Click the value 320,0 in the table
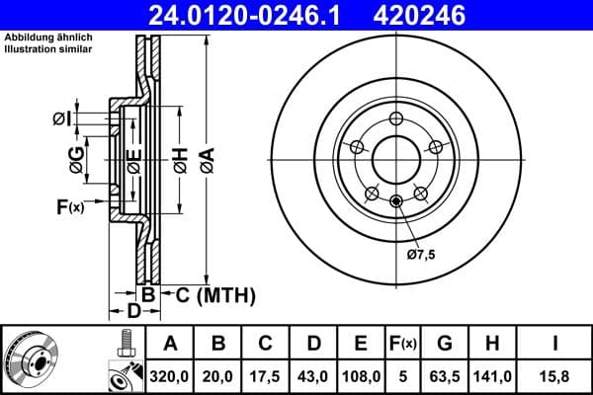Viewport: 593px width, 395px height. click(170, 375)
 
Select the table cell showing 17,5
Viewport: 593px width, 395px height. click(266, 375)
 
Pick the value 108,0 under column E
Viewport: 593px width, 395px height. click(361, 375)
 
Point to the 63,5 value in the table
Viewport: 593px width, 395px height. click(445, 375)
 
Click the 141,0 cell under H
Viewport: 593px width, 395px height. click(492, 375)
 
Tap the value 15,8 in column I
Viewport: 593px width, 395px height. click(557, 375)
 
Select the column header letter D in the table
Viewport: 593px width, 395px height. click(313, 344)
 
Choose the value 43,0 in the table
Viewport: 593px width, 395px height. click(313, 375)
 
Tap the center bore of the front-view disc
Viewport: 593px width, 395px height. click(395, 157)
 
